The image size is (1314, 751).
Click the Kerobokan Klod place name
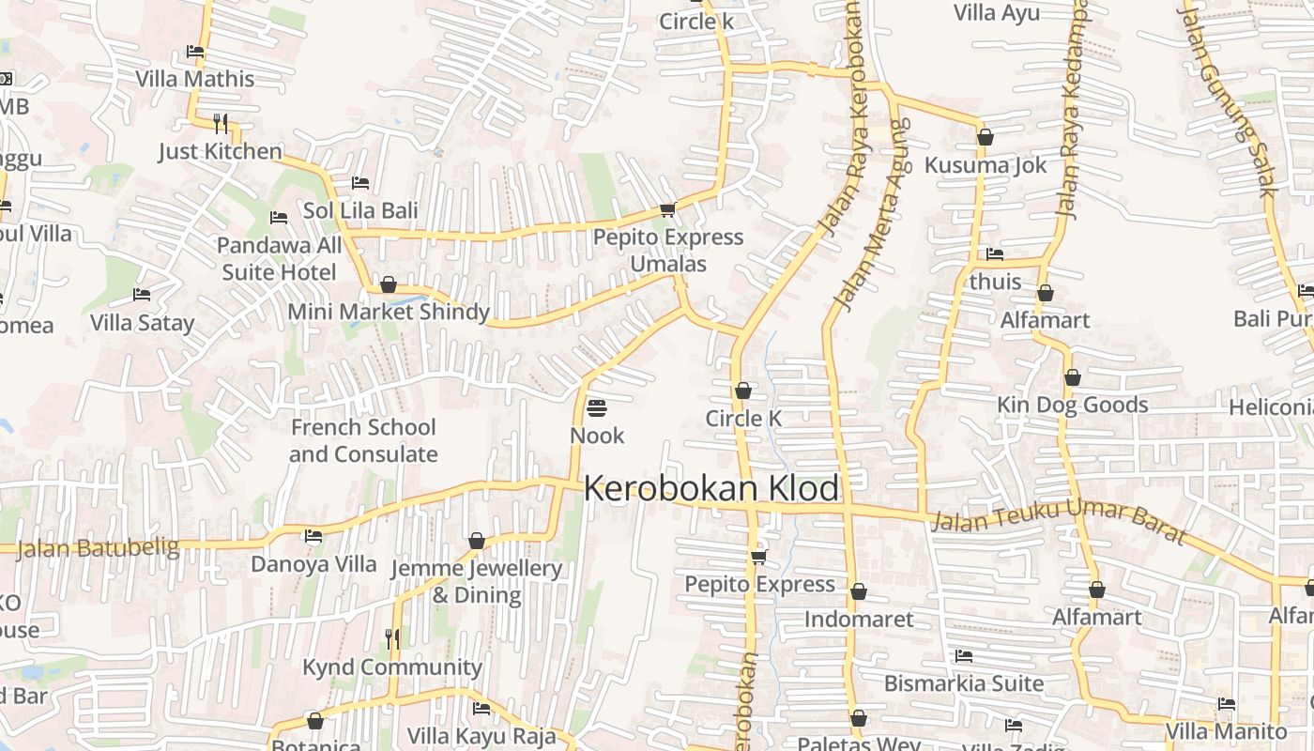(711, 489)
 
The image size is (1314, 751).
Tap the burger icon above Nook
(596, 408)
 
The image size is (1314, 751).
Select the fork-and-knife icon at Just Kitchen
(221, 123)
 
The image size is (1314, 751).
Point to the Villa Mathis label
(195, 79)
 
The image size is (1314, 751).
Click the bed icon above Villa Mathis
(195, 52)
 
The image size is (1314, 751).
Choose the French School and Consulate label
(363, 440)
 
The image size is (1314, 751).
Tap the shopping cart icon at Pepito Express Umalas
(667, 209)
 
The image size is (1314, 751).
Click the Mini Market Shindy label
(389, 312)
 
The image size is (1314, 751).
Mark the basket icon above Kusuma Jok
(985, 137)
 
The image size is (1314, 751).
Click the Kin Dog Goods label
(1072, 405)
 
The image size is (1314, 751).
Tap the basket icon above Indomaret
(858, 591)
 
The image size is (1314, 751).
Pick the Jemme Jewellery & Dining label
(476, 581)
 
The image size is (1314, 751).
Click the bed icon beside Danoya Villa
(313, 536)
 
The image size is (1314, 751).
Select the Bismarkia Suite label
(964, 682)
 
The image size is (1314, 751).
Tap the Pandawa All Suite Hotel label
(280, 258)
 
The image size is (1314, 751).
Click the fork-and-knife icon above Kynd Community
(392, 639)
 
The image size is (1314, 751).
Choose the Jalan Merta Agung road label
(873, 216)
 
